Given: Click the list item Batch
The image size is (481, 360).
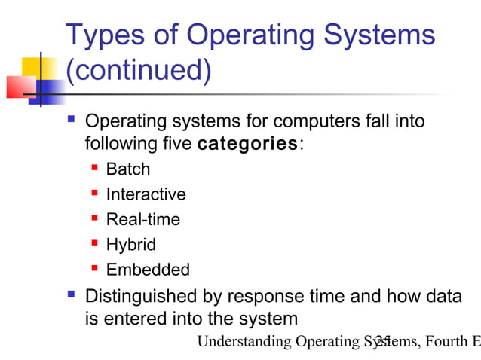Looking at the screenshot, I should point(128,169).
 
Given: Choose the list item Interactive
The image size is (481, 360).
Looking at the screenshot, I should point(146,194).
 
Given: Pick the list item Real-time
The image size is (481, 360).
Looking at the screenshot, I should point(143,220).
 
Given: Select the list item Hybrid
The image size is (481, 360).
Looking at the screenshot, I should point(131,245).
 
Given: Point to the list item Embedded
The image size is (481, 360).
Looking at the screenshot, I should point(148,270).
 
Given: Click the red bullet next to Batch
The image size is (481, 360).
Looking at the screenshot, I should point(95,168).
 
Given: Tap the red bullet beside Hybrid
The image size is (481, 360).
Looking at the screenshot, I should point(95,243).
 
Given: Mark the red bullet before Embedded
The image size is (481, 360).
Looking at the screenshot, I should point(95,268).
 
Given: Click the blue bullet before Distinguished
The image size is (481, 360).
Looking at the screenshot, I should point(72,294).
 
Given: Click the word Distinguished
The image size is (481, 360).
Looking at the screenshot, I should point(143,297).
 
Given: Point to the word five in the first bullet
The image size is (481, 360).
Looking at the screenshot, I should point(174,143).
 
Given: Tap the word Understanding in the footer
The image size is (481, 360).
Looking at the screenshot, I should point(244,342).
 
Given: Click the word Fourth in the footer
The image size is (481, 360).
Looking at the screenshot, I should point(446,342).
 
